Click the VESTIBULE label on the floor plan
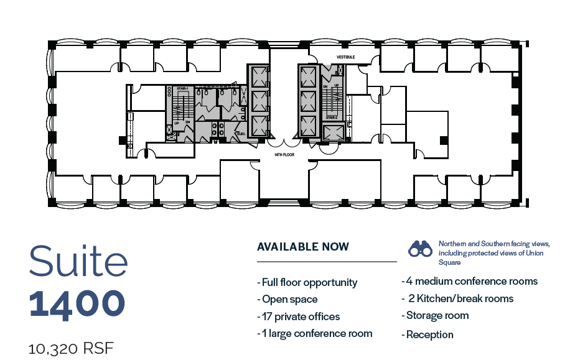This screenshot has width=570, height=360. pos(345,57)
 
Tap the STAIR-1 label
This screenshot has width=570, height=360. pos(182,90)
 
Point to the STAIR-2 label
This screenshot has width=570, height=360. pos(332,118)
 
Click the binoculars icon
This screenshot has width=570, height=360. pos(420,249)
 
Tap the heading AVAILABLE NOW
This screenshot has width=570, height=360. pos(303,247)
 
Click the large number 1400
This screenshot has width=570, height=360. pos(77,303)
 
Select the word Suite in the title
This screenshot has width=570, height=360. pos(78,262)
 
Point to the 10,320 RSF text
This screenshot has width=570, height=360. pos(72,348)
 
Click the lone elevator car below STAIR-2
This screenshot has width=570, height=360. pos(333,131)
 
